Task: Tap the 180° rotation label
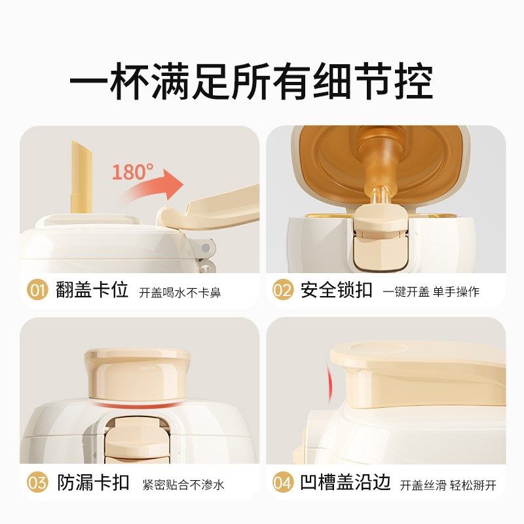(132, 172)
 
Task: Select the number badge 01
(38, 290)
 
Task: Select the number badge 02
(282, 290)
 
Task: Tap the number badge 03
(38, 483)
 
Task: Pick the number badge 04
(282, 483)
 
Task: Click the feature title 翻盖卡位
(93, 290)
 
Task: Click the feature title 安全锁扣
(337, 290)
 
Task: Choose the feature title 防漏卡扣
(93, 483)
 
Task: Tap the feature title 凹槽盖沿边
(346, 483)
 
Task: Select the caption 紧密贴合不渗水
(183, 485)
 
